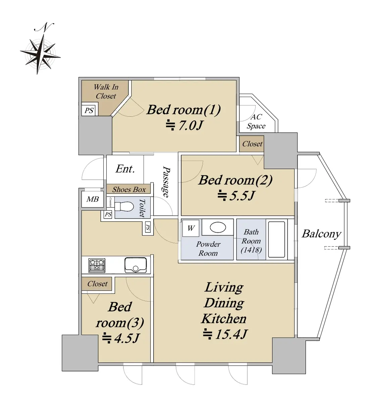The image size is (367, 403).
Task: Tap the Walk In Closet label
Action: (x=106, y=91)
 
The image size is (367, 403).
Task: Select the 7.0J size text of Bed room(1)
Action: (x=185, y=126)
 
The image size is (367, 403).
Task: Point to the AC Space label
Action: (x=256, y=122)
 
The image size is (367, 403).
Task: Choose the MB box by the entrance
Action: (x=93, y=199)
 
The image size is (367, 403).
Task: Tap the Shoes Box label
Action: (x=129, y=189)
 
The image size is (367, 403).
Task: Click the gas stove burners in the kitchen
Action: (x=97, y=265)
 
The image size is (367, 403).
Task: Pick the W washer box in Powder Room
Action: (x=191, y=228)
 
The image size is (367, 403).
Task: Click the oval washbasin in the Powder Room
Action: (x=218, y=228)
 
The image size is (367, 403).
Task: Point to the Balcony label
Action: (x=321, y=234)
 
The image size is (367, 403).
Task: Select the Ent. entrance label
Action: (x=125, y=169)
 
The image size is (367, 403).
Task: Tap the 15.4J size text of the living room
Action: (x=225, y=334)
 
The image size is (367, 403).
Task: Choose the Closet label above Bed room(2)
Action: (x=252, y=144)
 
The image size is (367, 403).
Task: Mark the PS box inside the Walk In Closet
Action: (x=89, y=110)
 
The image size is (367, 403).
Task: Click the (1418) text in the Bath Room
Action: (x=251, y=250)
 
